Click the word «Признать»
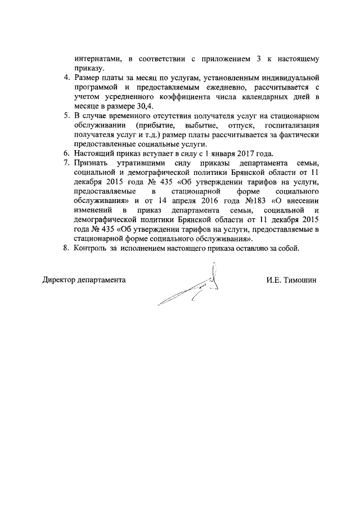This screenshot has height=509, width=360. coord(89,163)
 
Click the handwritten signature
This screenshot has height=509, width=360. coord(191,290)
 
